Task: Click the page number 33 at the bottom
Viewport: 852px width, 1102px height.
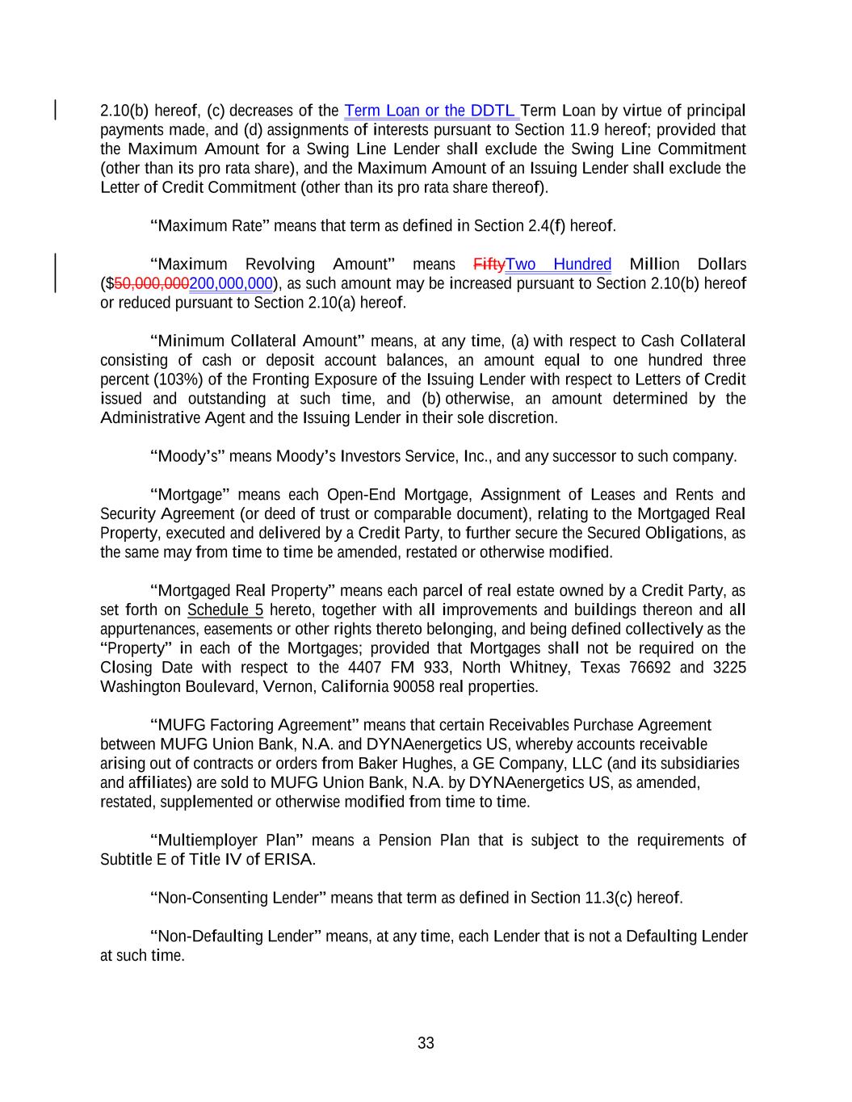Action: pyautogui.click(x=426, y=1043)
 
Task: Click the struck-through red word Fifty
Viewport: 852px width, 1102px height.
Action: pyautogui.click(x=489, y=265)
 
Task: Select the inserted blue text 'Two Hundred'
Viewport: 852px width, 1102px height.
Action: pyautogui.click(x=558, y=265)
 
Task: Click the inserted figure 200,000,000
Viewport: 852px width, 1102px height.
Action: pyautogui.click(x=230, y=284)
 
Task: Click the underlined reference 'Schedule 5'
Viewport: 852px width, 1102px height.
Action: pyautogui.click(x=225, y=610)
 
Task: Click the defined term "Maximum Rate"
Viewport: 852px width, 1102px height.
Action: pyautogui.click(x=209, y=226)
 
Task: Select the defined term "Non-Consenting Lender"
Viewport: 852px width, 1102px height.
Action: pyautogui.click(x=238, y=899)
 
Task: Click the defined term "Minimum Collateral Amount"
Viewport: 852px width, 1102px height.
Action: pyautogui.click(x=258, y=341)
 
